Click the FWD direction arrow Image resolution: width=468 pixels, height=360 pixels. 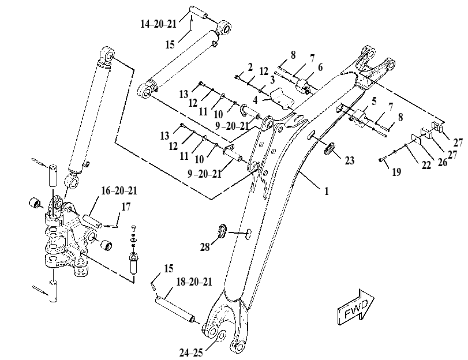[355, 307]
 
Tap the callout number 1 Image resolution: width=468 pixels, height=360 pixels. [327, 191]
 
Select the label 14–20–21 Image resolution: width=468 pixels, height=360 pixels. [158, 24]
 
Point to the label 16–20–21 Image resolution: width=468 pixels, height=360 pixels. [119, 190]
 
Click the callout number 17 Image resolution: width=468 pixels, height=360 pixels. [126, 207]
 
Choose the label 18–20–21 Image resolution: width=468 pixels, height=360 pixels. [194, 282]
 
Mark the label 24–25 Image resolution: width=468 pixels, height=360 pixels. [191, 353]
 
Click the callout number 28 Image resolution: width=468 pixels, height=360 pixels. [205, 247]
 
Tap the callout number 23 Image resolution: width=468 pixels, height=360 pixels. [350, 160]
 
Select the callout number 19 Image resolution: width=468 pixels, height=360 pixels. [396, 172]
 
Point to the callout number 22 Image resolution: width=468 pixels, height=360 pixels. [426, 165]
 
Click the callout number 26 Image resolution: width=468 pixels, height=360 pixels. [443, 162]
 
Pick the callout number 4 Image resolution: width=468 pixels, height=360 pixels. [255, 100]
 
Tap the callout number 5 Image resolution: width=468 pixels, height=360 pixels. [375, 102]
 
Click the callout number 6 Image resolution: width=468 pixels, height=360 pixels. [320, 67]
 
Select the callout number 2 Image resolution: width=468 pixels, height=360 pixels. [250, 67]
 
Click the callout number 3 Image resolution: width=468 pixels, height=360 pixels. [272, 80]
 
